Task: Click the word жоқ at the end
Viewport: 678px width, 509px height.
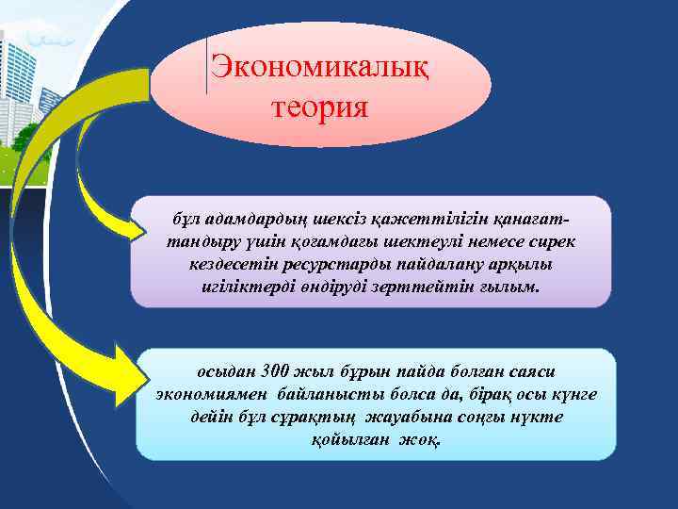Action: (420, 440)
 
